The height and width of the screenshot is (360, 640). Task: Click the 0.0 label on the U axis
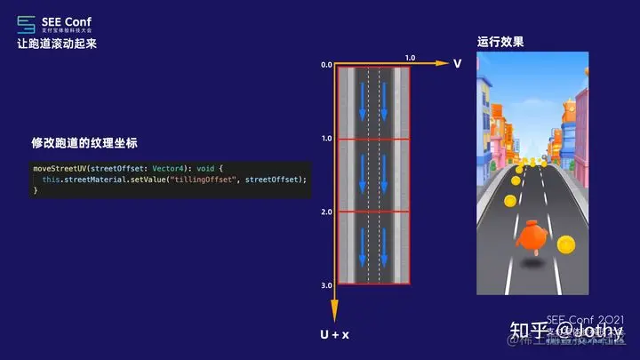[x=326, y=65]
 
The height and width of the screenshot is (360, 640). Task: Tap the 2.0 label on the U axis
[x=326, y=212]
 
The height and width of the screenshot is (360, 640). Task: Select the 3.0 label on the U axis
[x=326, y=285]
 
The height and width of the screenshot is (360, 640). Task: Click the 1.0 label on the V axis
[x=409, y=58]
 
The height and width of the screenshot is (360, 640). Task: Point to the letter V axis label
[x=457, y=64]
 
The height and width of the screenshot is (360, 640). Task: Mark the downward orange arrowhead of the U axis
[x=335, y=314]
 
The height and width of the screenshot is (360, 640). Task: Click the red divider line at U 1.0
[x=372, y=139]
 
